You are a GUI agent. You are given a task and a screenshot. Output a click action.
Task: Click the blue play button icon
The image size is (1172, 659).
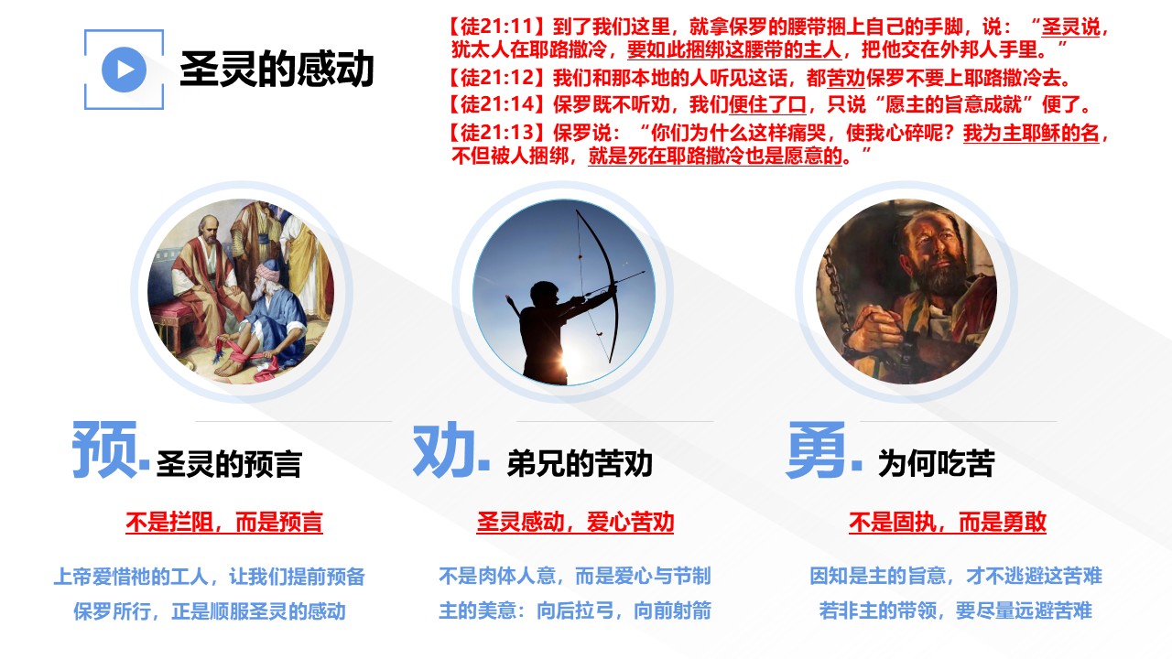[124, 70]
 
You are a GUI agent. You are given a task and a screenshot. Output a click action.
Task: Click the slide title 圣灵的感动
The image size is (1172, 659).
[277, 69]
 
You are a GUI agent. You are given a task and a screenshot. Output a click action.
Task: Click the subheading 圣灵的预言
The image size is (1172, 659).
[229, 463]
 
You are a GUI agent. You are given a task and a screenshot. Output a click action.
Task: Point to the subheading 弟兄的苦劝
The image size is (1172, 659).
[580, 463]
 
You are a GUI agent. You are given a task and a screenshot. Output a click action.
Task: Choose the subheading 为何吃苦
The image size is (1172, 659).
[936, 463]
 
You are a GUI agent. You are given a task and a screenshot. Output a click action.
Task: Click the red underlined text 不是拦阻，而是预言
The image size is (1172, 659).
[224, 522]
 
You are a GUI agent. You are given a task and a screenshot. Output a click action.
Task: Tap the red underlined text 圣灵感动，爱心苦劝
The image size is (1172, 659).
[575, 522]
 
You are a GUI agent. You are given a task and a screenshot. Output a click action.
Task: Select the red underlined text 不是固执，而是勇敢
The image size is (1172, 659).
[948, 522]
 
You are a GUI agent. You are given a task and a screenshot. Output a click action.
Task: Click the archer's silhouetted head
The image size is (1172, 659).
[544, 295]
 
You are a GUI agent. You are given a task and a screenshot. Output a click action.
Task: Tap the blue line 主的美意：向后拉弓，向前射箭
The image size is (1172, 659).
[575, 610]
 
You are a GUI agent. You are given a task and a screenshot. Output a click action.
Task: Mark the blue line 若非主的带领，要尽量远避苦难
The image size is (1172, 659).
[955, 610]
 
